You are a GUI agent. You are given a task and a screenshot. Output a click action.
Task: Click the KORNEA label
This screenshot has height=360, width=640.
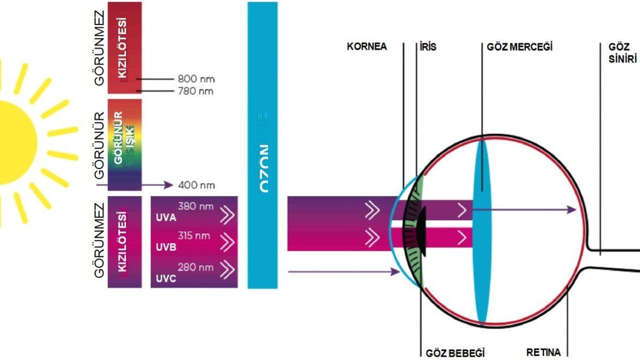(x=366, y=47)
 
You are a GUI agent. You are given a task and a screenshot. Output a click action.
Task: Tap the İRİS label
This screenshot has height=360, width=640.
(x=428, y=47)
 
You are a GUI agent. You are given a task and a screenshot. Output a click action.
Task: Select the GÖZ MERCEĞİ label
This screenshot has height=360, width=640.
(x=519, y=47)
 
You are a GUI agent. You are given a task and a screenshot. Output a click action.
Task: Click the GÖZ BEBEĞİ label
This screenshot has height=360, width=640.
(x=455, y=353)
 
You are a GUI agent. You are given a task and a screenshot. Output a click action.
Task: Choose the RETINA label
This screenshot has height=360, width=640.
(x=543, y=353)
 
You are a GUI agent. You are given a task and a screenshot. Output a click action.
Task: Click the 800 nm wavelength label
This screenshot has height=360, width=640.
(x=196, y=79)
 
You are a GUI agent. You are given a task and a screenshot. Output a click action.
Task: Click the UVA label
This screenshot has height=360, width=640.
(x=166, y=218)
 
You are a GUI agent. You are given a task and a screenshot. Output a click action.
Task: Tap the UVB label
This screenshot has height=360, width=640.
(x=166, y=248)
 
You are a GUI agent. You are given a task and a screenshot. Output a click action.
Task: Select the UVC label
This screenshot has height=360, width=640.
(x=166, y=278)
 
